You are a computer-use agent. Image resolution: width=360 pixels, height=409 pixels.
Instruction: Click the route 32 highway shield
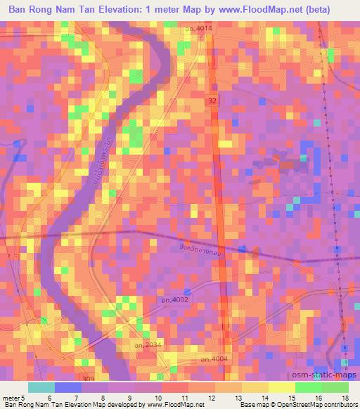(x=212, y=102)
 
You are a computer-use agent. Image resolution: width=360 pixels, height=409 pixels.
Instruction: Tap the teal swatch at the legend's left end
(x=41, y=387)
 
